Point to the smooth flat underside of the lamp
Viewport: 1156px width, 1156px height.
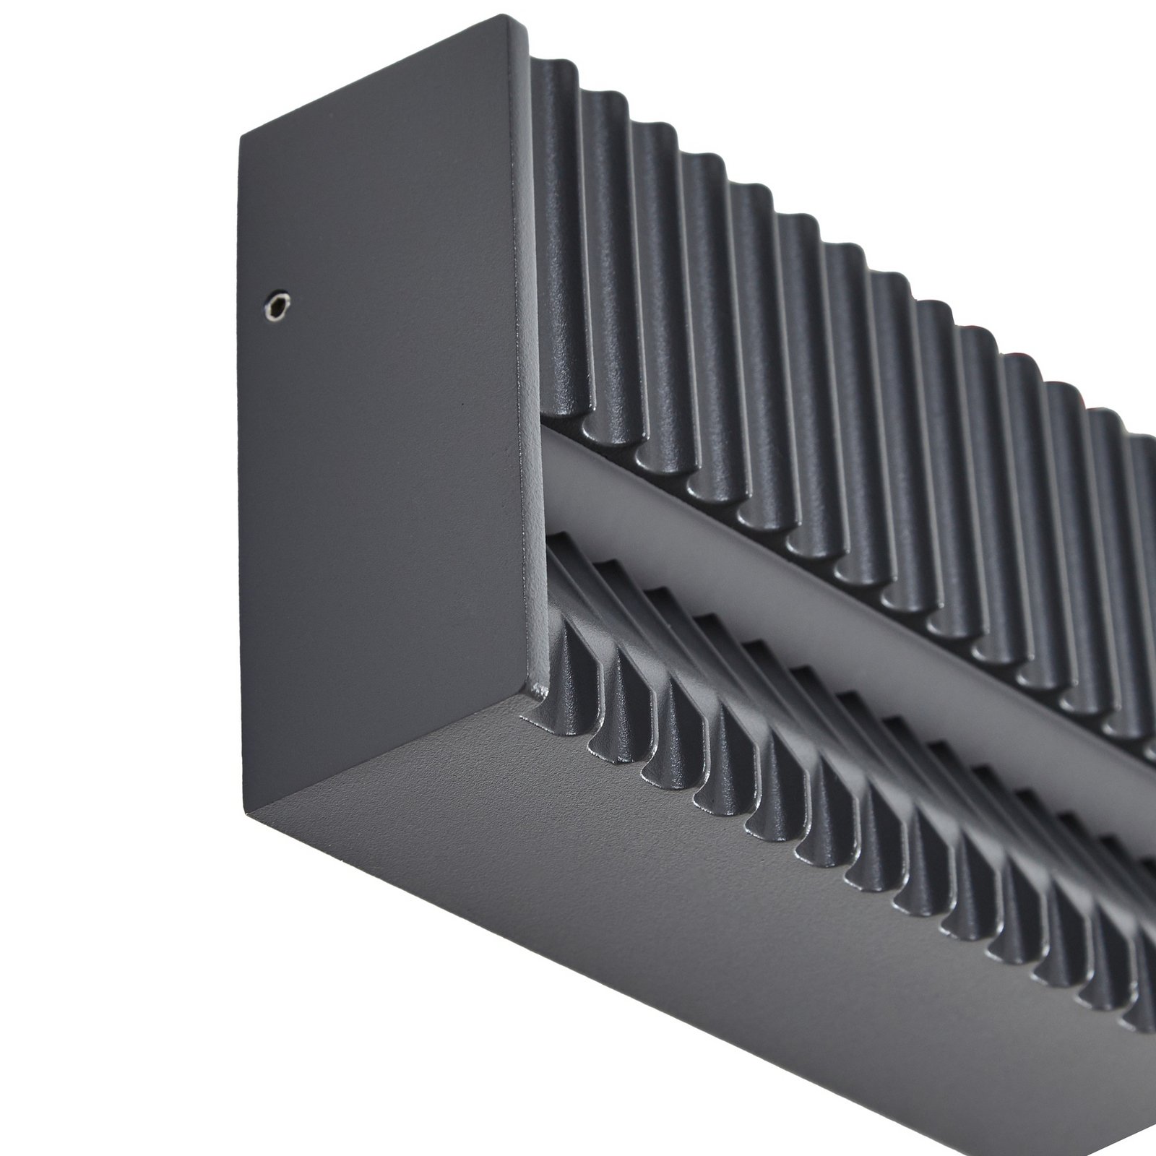click(650, 939)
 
